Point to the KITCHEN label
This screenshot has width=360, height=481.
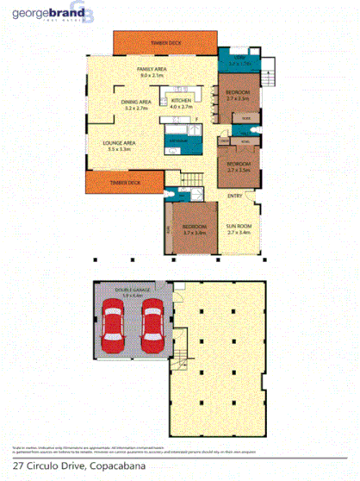tap(181, 101)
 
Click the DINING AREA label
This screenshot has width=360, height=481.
tap(137, 102)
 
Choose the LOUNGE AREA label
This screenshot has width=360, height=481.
tap(119, 143)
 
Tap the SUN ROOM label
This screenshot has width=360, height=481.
tap(239, 226)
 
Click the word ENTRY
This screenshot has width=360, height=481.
tap(234, 196)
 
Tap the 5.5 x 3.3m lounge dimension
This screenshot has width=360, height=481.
tap(119, 150)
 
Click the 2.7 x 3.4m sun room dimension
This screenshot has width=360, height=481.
tap(239, 233)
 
